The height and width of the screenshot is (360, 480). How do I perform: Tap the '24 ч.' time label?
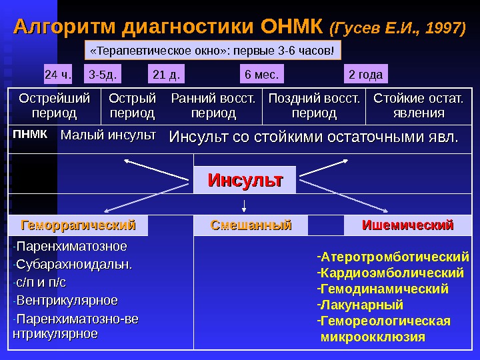pyautogui.click(x=58, y=73)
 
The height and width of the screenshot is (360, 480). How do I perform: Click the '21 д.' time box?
pyautogui.click(x=165, y=73)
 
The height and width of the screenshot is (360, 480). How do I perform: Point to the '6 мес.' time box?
pyautogui.click(x=262, y=73)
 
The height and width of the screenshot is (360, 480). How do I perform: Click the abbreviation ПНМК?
pyautogui.click(x=30, y=135)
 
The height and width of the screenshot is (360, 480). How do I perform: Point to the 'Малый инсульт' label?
pyautogui.click(x=108, y=135)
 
